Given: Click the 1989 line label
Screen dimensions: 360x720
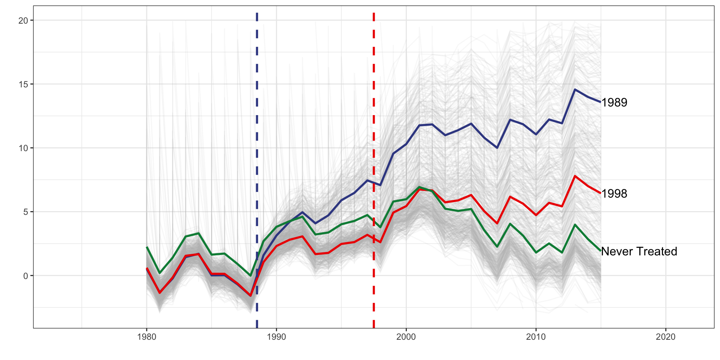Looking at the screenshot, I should click(x=614, y=102).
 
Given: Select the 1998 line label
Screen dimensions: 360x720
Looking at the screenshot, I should click(x=614, y=193).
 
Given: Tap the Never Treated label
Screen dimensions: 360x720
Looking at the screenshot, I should click(x=639, y=251).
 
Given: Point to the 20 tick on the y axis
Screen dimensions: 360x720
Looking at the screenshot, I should click(x=23, y=21).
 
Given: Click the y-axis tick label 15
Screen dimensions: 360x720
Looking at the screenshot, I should click(x=23, y=84).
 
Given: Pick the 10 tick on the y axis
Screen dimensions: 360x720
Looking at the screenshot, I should click(x=23, y=148).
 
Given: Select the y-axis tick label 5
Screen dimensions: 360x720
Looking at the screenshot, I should click(x=25, y=212).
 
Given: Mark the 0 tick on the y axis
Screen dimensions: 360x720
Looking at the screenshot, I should click(x=25, y=276).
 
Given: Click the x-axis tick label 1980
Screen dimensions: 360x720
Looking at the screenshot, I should click(x=147, y=337).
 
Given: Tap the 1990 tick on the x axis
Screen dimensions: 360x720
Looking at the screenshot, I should click(x=276, y=337).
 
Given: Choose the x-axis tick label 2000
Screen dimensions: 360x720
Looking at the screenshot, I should click(x=406, y=337).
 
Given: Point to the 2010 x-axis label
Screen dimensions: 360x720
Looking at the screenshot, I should click(x=536, y=337).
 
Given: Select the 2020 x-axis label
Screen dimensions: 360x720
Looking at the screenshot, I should click(x=666, y=337).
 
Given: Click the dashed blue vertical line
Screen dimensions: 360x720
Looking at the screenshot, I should click(x=257, y=112).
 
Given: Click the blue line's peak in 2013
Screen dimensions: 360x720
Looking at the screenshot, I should click(x=574, y=89).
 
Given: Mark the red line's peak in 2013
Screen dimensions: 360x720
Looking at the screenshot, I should click(x=574, y=176).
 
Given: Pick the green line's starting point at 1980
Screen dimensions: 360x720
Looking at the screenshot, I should click(x=147, y=247).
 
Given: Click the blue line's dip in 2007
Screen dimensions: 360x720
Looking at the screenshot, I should click(x=497, y=148).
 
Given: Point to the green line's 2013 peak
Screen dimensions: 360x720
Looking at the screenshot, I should click(x=574, y=224).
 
